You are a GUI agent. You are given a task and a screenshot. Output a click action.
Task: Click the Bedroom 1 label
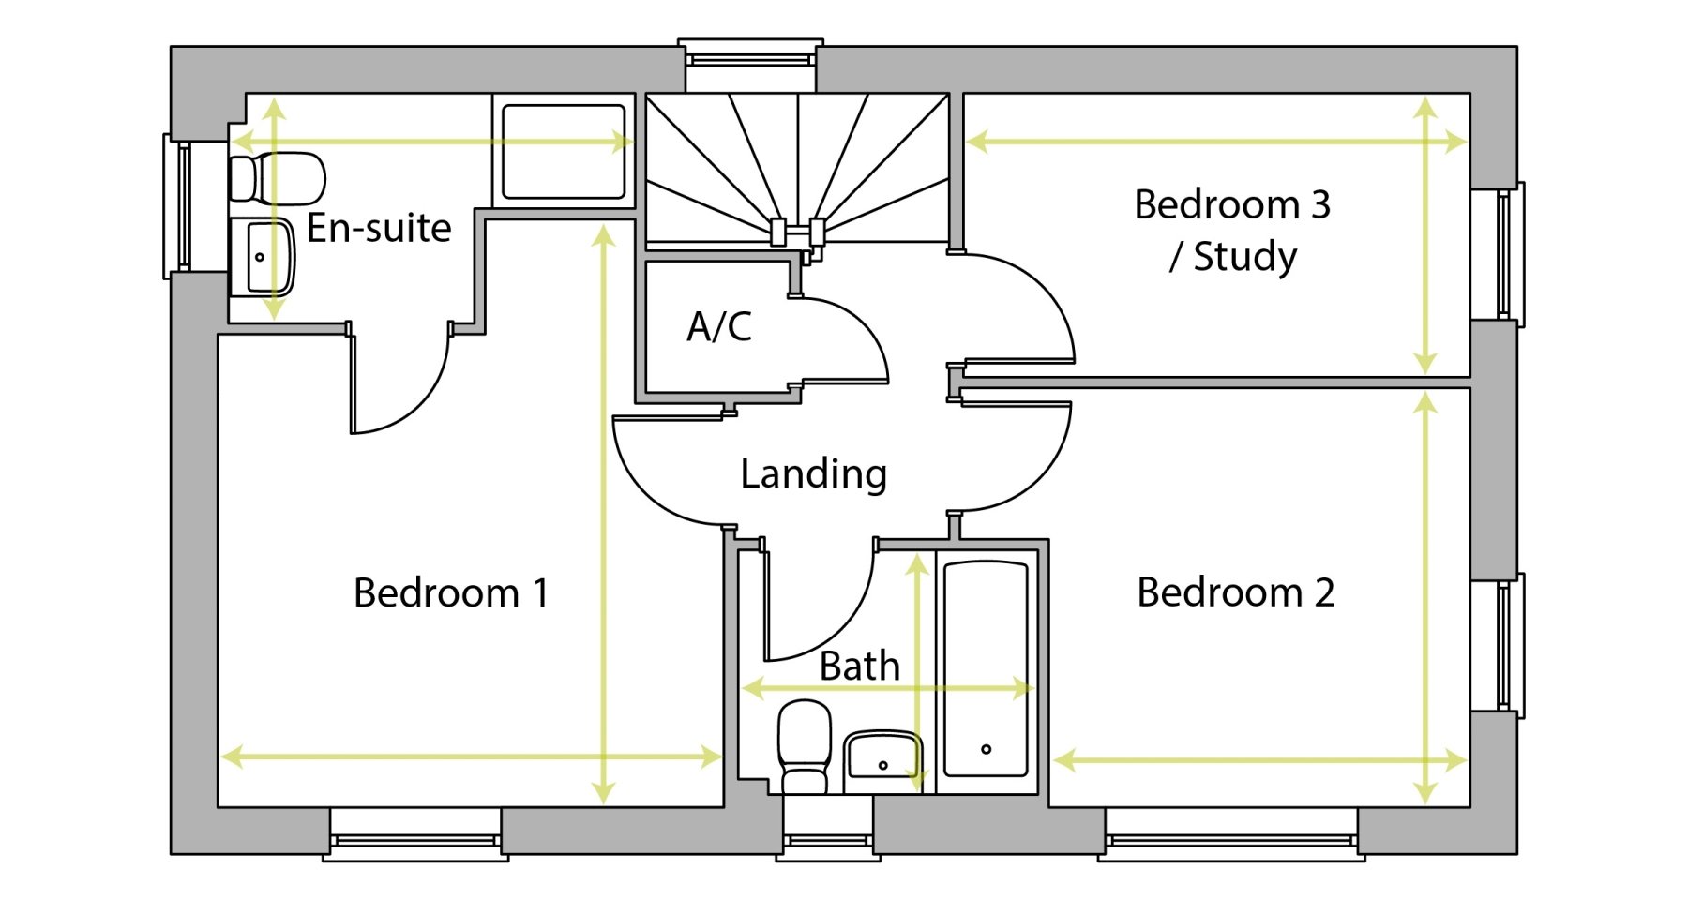(450, 593)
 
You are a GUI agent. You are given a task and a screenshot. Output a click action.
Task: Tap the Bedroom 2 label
(1235, 592)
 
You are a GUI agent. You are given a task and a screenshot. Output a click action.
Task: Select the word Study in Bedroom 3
(1244, 256)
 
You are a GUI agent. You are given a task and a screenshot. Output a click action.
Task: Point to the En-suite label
(379, 228)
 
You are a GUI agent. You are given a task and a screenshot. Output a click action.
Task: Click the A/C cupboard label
(719, 327)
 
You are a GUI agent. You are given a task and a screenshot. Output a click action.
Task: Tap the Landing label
(813, 473)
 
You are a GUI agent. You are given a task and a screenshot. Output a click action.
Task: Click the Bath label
(859, 667)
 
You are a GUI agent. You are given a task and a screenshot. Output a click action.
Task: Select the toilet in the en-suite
(278, 178)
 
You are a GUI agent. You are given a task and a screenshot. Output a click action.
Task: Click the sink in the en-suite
(262, 257)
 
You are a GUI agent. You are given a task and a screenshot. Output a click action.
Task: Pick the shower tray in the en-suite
(564, 152)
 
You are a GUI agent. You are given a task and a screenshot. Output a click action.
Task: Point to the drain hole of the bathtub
(986, 749)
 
